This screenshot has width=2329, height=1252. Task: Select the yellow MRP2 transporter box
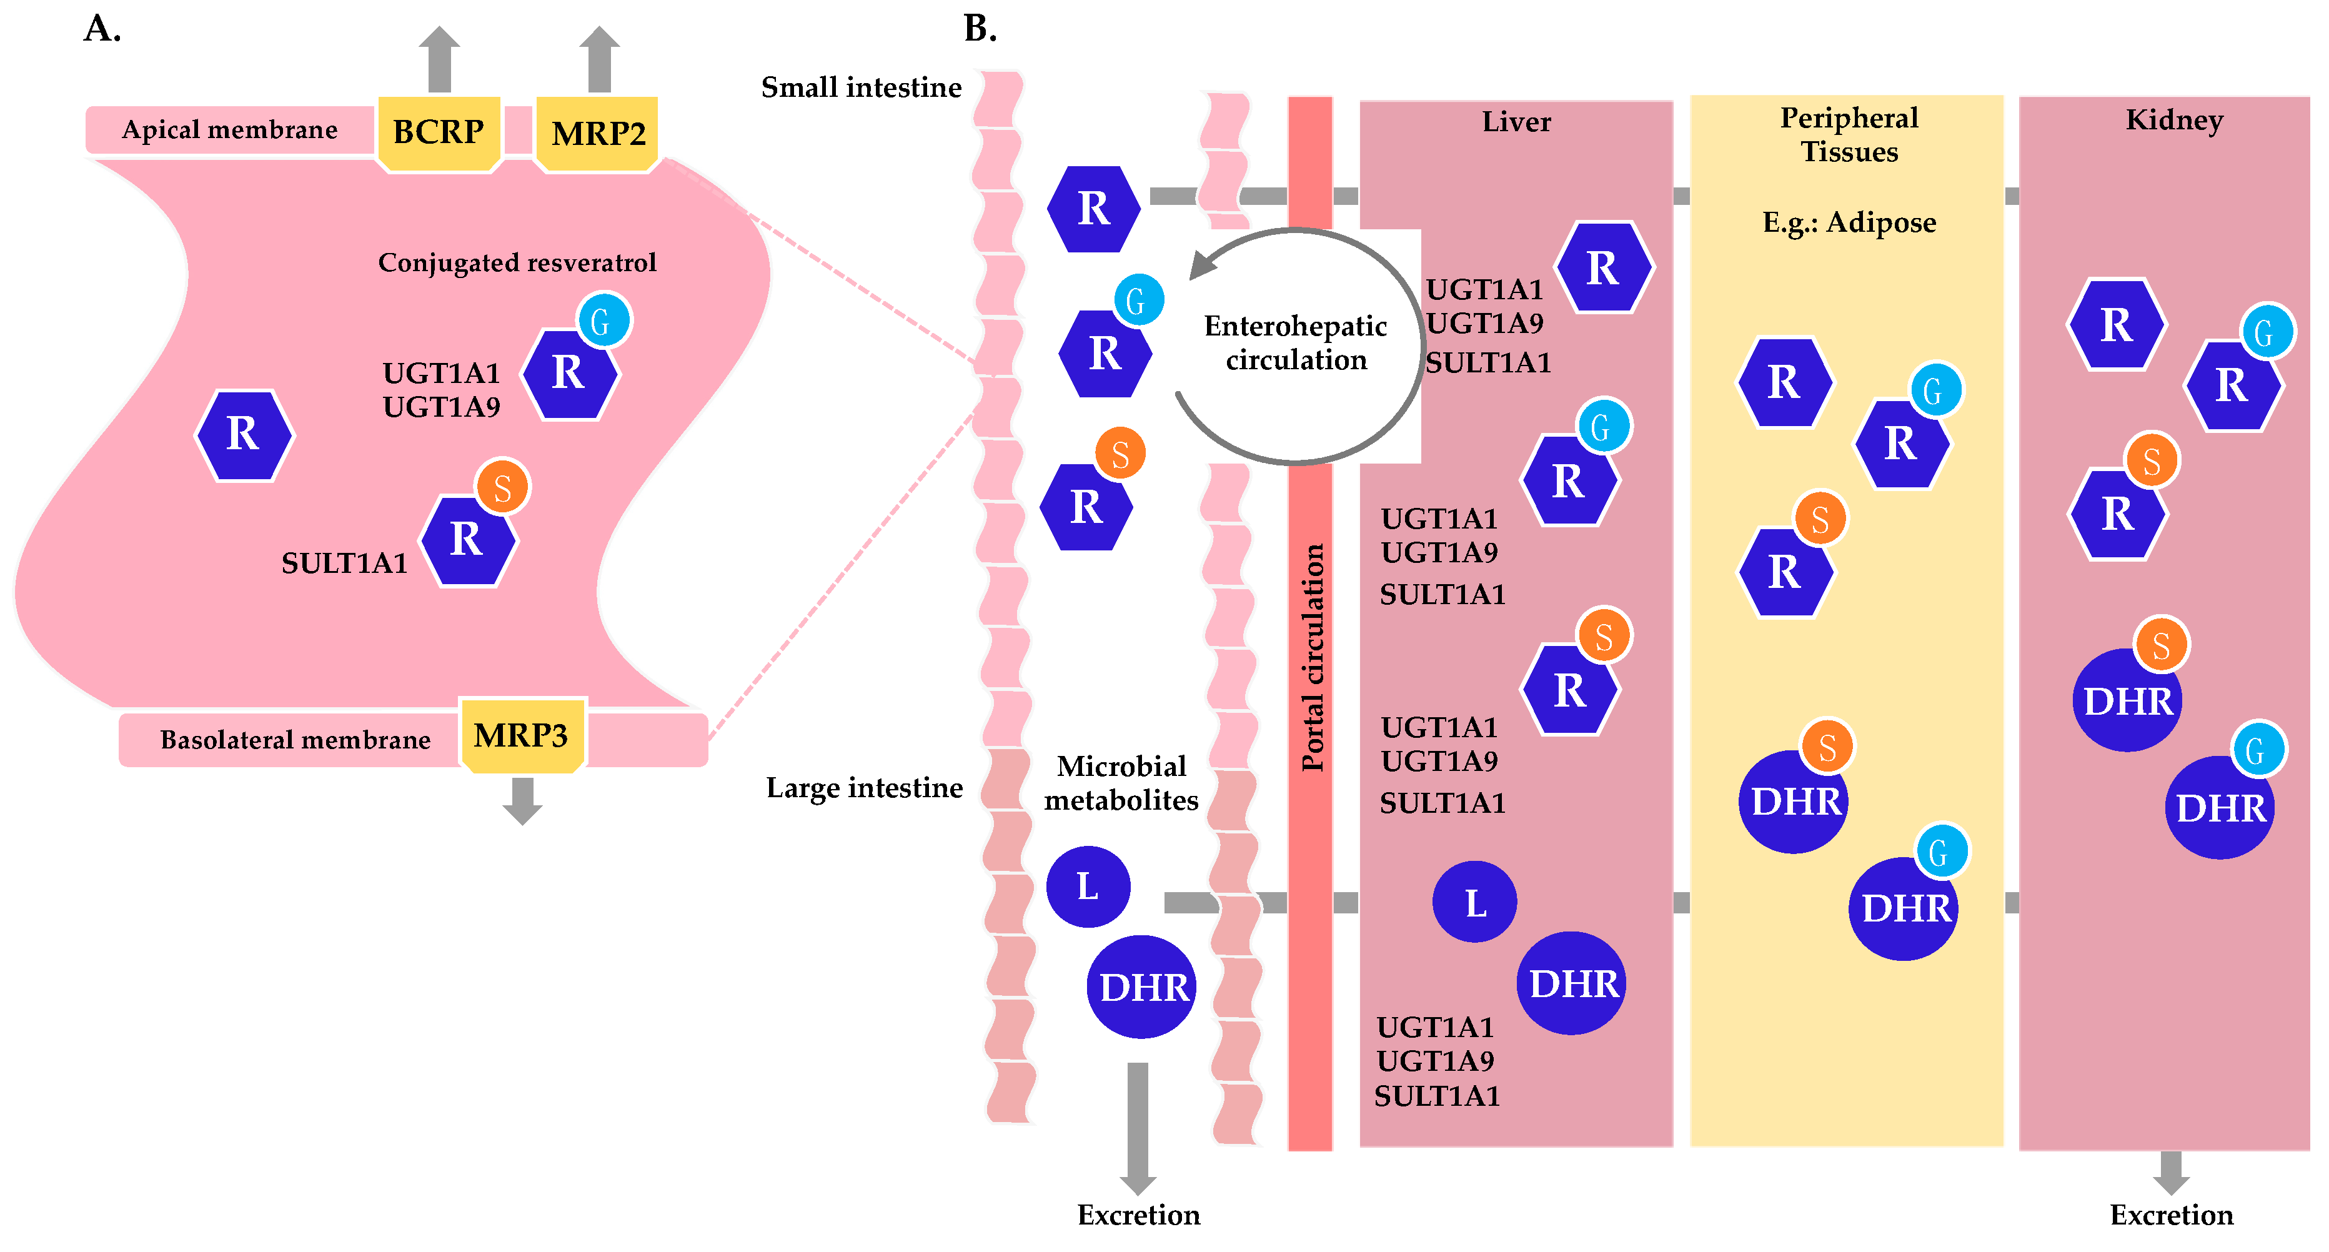click(x=598, y=134)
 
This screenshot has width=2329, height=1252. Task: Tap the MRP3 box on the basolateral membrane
click(x=522, y=735)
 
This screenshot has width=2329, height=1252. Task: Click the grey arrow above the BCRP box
click(x=439, y=59)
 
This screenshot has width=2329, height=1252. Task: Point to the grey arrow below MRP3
click(x=522, y=800)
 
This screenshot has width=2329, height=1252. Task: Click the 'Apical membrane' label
click(x=230, y=130)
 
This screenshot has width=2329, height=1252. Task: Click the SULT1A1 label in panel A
click(x=344, y=563)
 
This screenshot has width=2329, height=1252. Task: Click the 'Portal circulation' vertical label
click(x=1312, y=657)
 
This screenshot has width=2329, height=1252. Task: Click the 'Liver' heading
click(x=1516, y=122)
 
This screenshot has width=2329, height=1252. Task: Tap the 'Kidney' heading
click(x=2173, y=120)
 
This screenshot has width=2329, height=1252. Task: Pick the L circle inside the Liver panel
click(x=1474, y=902)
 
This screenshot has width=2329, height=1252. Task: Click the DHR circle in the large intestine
click(x=1142, y=986)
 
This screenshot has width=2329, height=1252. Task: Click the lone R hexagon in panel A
click(x=244, y=435)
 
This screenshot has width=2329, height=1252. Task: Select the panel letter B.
click(x=980, y=29)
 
